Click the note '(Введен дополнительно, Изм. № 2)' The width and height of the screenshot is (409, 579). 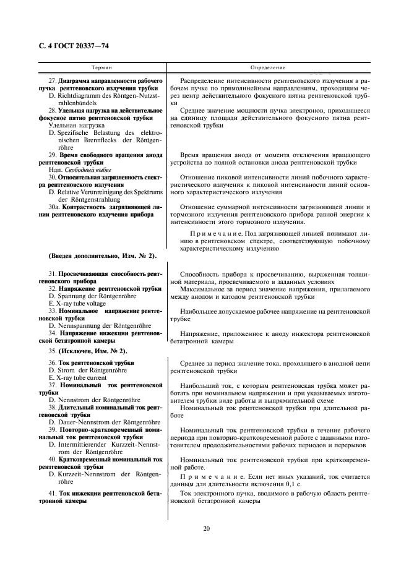pyautogui.click(x=101, y=256)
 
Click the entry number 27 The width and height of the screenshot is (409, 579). pyautogui.click(x=52, y=81)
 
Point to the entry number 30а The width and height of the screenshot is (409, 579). pyautogui.click(x=54, y=207)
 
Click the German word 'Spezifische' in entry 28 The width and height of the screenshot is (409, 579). pyautogui.click(x=77, y=132)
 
